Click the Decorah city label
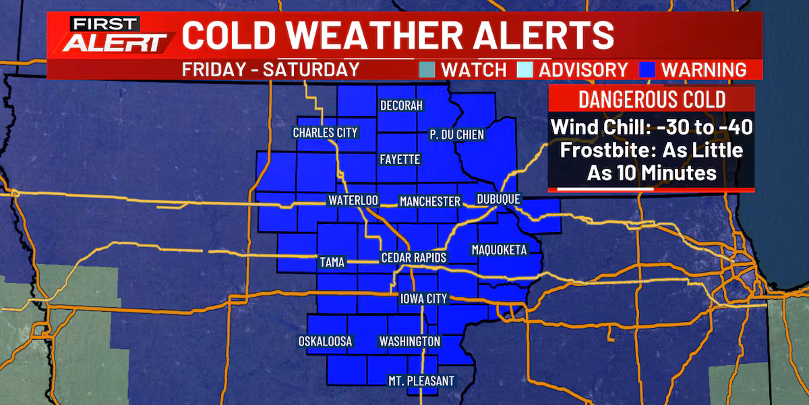(x=401, y=106)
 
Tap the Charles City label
(x=325, y=133)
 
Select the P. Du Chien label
(x=456, y=134)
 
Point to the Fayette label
(x=400, y=160)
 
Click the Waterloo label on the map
(x=353, y=200)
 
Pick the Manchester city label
(x=429, y=201)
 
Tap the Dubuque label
(x=498, y=199)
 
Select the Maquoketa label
(x=498, y=250)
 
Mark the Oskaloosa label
(x=325, y=342)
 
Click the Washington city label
(x=410, y=342)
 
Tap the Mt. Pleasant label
(x=421, y=381)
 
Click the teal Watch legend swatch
(x=427, y=70)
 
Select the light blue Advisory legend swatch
(x=525, y=70)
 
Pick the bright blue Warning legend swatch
(x=647, y=70)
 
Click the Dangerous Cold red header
(x=651, y=100)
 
